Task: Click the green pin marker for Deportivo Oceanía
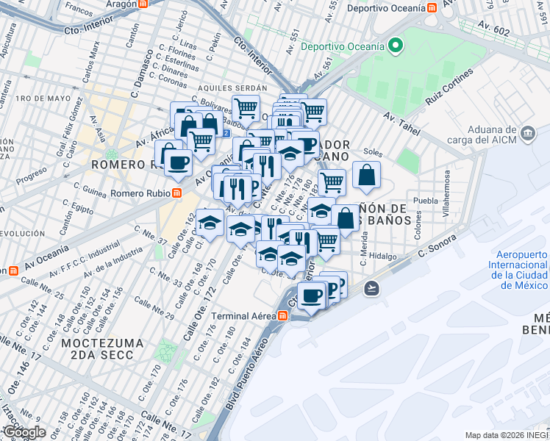tap(396, 46)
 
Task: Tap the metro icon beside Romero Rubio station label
tap(176, 193)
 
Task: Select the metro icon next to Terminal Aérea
tap(282, 315)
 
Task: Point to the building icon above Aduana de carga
tap(527, 134)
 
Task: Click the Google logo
tap(24, 432)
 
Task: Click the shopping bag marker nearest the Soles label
tap(365, 176)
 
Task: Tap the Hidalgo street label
tap(382, 257)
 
